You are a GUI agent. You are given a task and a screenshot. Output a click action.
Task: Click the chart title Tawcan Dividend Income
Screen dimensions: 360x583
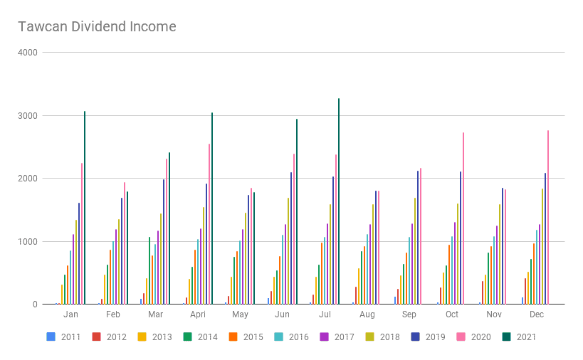click(x=97, y=27)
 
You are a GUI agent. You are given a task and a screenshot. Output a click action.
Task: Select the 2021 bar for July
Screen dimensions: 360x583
click(x=339, y=201)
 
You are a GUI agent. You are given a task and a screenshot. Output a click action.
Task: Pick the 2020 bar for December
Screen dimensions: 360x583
click(x=548, y=217)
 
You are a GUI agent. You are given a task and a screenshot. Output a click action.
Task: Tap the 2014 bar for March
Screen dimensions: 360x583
click(x=149, y=270)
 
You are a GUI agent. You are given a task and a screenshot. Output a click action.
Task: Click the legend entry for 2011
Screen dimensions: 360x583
click(x=64, y=337)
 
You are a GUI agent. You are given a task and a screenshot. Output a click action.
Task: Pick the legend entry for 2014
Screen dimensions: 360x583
click(x=201, y=337)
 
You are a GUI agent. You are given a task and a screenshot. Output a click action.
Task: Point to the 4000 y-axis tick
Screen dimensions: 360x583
click(x=29, y=53)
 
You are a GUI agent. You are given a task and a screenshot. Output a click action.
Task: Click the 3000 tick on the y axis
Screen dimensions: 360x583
click(x=29, y=115)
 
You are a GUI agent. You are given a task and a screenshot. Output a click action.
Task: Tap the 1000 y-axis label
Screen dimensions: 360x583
click(x=29, y=241)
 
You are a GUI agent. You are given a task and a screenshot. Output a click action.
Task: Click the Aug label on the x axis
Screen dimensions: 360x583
click(x=367, y=314)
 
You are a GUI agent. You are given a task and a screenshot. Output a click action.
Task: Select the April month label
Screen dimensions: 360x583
click(x=198, y=314)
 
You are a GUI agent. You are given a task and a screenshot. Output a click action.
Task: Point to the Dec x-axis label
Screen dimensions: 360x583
click(x=537, y=314)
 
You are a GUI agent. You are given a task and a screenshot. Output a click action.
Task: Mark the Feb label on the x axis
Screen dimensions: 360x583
click(x=113, y=314)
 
